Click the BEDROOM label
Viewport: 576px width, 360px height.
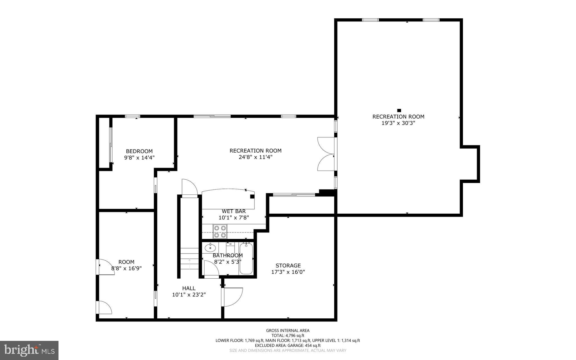[x=139, y=151]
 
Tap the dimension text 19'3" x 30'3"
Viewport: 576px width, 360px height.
[x=398, y=123]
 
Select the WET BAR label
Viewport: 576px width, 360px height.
[x=234, y=211]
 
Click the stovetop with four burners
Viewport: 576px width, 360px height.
[x=220, y=231]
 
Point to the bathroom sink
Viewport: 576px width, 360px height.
[x=210, y=248]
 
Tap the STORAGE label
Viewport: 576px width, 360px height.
[x=288, y=265]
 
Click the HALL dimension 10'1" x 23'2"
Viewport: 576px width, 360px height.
[x=189, y=295]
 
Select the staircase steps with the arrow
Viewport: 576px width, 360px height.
[x=189, y=259]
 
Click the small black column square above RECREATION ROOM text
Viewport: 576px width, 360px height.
[x=399, y=110]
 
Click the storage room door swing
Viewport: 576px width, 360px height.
[x=233, y=297]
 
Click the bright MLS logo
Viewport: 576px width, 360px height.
[x=29, y=350]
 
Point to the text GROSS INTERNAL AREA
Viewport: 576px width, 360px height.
[x=288, y=330]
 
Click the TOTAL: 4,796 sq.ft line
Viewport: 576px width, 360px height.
[x=288, y=336]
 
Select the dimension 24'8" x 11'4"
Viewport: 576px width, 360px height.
[x=255, y=157]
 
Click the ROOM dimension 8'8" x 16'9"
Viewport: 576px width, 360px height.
[x=126, y=268]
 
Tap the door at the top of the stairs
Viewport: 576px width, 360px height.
[x=189, y=187]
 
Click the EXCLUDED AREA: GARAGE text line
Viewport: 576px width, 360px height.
[x=288, y=345]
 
